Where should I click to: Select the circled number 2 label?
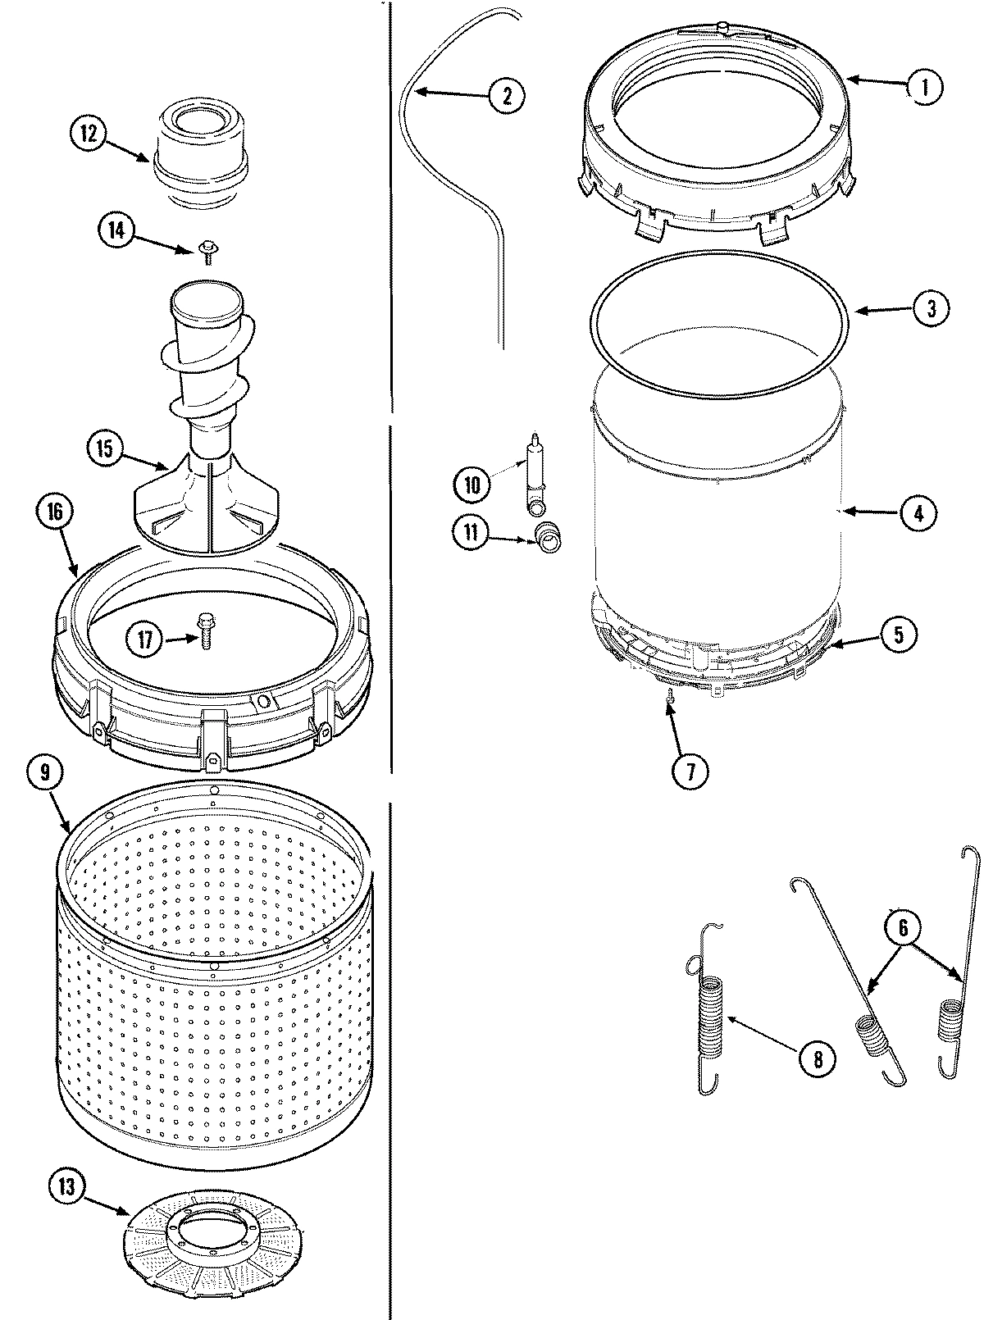pos(506,95)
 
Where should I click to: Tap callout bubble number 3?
pos(931,309)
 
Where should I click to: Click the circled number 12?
pos(88,133)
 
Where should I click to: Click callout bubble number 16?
pos(55,511)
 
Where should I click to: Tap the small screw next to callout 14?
pos(206,254)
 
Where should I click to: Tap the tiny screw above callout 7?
pos(671,697)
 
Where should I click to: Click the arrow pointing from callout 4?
pos(869,512)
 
